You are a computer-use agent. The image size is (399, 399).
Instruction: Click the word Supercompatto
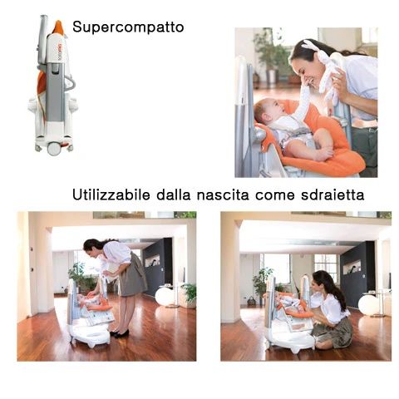click(128, 27)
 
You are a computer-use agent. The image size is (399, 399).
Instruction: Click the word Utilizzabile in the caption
click(111, 196)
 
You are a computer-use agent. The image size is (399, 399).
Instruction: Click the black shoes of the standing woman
click(121, 333)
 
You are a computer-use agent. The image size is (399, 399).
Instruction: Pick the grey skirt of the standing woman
click(132, 280)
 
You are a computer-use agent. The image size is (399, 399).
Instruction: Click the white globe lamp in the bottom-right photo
click(368, 304)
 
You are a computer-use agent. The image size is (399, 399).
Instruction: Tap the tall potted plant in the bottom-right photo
click(263, 283)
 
